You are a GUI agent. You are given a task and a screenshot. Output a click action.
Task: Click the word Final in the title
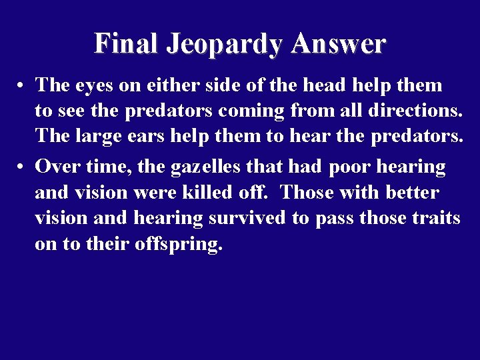(126, 43)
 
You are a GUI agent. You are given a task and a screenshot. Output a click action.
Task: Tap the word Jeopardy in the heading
(225, 45)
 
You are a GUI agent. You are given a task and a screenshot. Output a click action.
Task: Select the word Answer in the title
(338, 43)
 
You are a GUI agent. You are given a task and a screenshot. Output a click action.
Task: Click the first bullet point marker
(22, 86)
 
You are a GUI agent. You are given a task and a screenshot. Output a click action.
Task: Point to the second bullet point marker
(22, 167)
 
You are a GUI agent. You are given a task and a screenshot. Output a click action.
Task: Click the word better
(412, 193)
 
